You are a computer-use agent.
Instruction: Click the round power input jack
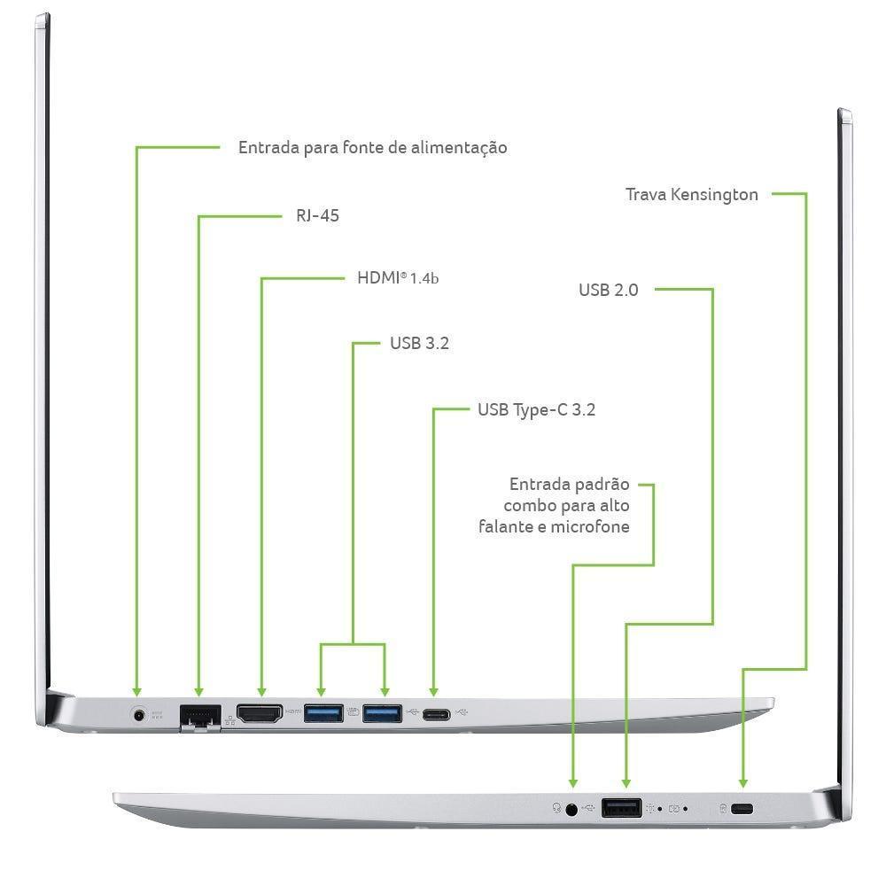point(138,712)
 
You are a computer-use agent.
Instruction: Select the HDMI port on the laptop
point(260,712)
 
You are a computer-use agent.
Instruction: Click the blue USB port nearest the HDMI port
point(323,712)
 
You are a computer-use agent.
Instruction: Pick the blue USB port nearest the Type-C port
point(382,712)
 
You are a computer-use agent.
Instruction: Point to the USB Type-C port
point(435,714)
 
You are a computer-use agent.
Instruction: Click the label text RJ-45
point(317,215)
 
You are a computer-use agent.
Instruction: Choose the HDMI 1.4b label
point(398,277)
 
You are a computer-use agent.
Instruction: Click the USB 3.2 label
point(419,343)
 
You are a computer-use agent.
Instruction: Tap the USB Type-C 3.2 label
point(536,409)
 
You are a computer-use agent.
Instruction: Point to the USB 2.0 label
point(608,290)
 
